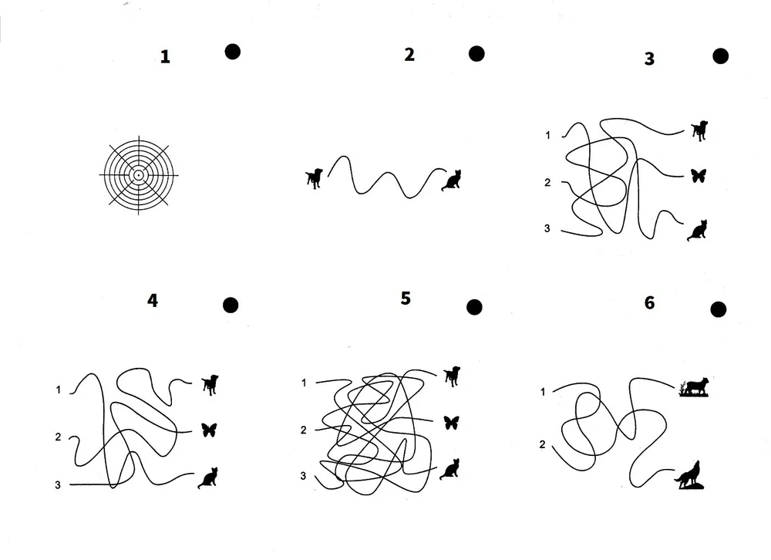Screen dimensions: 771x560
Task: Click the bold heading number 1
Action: (165, 57)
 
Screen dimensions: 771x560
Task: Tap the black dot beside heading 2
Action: (476, 54)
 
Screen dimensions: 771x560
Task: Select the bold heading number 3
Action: (649, 59)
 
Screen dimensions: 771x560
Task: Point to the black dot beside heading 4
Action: (231, 305)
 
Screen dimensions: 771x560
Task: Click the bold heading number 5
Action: (406, 299)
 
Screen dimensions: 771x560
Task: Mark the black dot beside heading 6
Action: (719, 309)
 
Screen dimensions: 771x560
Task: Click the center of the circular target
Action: (139, 174)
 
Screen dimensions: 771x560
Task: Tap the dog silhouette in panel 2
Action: (315, 178)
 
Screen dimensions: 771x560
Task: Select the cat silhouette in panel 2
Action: (452, 180)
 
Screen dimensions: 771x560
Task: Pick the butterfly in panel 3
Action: (699, 176)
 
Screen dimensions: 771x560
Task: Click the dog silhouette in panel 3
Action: (700, 130)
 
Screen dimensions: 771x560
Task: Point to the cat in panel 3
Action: (697, 231)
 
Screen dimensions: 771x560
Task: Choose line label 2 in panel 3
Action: (547, 183)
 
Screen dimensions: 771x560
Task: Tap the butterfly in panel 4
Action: (209, 430)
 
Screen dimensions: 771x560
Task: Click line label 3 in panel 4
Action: (58, 485)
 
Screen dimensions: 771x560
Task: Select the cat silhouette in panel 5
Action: (449, 469)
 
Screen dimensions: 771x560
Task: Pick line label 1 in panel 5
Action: (304, 383)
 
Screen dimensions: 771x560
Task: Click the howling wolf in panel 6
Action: (689, 475)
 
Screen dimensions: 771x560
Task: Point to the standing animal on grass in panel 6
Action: (695, 386)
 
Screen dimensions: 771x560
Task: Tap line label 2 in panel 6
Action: (542, 444)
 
